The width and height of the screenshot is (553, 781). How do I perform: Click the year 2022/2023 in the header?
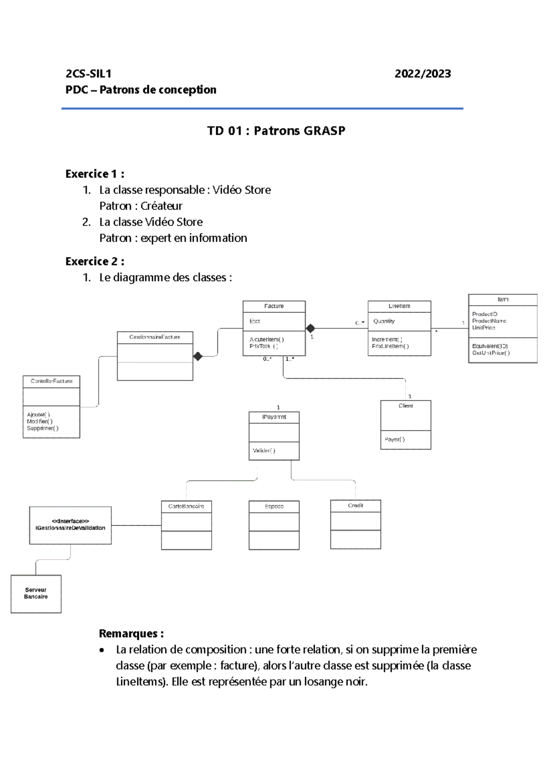423,74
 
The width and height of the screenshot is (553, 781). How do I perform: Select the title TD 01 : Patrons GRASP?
276,131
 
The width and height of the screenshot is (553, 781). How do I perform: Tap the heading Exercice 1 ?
94,174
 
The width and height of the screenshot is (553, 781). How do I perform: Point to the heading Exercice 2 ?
94,262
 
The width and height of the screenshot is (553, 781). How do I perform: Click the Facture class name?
274,306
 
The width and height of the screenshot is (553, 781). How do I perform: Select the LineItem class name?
399,306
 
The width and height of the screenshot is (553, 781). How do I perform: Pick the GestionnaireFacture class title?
155,337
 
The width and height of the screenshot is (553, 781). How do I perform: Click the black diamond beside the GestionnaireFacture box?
198,356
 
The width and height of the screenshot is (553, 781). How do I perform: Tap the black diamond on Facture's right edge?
311,328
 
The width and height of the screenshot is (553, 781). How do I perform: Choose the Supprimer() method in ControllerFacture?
42,428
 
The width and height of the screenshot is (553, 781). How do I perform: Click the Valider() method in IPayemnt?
264,450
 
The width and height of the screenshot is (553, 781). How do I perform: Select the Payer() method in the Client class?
394,439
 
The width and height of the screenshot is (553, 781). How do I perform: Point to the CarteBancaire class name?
186,506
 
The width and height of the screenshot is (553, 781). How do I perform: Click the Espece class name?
274,506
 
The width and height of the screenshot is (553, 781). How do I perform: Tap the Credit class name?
355,505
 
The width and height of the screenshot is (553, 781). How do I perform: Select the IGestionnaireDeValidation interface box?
71,525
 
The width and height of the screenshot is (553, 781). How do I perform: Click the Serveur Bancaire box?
36,593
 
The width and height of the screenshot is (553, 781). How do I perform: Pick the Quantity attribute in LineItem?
384,321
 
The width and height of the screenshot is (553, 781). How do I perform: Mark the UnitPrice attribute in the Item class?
483,327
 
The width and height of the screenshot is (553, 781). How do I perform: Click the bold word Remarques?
130,634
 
